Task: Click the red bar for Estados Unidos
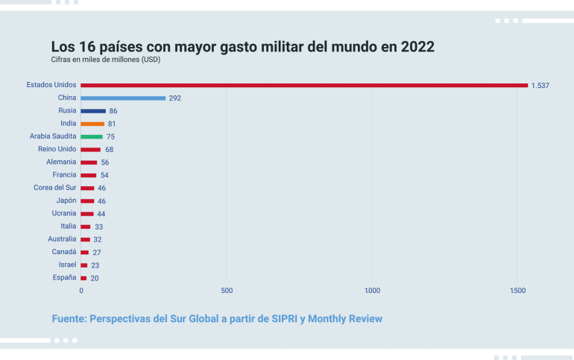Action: point(304,85)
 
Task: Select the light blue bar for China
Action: point(123,98)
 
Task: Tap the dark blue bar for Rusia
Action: point(93,110)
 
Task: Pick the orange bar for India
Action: point(92,124)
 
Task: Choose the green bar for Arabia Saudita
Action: point(92,136)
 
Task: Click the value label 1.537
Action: point(540,86)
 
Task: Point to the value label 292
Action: point(175,98)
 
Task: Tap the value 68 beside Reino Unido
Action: point(109,150)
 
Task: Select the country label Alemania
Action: point(61,162)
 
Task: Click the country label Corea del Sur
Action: point(54,188)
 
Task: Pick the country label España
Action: point(64,277)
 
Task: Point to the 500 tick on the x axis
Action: point(227,291)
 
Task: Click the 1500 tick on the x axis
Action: point(518,291)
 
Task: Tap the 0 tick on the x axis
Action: point(81,291)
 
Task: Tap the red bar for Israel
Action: point(84,265)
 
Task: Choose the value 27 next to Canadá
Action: point(97,253)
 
